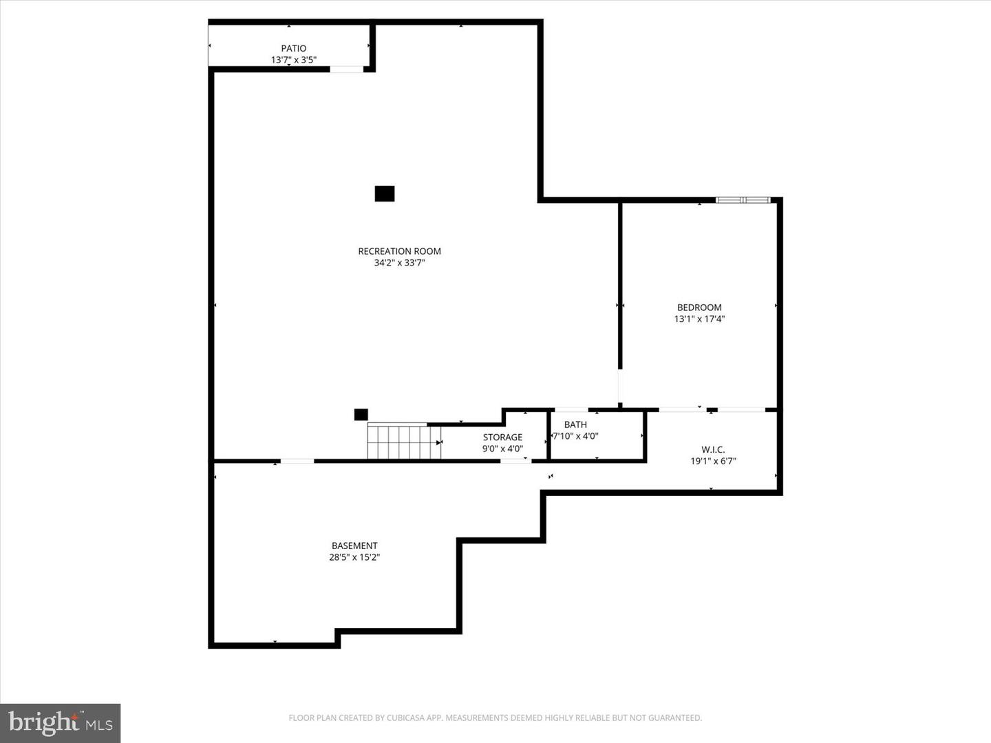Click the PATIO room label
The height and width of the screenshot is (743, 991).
click(293, 48)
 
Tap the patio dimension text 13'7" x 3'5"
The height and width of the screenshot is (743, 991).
click(293, 60)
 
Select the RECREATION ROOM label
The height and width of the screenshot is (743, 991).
click(399, 251)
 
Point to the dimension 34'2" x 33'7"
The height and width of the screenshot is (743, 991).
click(399, 263)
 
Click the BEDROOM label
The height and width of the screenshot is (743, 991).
click(699, 308)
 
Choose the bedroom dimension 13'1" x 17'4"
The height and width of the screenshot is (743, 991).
click(699, 319)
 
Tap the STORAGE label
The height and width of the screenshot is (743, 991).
click(502, 437)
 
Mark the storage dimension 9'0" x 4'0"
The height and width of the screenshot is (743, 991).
click(502, 449)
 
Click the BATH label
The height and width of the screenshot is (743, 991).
click(575, 424)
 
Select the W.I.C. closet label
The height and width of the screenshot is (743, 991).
click(713, 449)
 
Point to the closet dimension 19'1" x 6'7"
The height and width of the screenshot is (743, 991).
click(713, 461)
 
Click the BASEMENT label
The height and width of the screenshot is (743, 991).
click(354, 546)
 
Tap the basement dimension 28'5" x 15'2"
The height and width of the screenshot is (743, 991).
click(354, 557)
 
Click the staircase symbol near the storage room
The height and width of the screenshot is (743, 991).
click(403, 442)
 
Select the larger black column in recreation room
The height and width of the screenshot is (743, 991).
click(385, 194)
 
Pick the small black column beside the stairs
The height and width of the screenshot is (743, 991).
click(361, 414)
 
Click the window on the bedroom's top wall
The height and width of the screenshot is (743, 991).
click(743, 200)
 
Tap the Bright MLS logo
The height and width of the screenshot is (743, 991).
click(61, 723)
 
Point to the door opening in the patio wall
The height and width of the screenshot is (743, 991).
click(347, 69)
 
